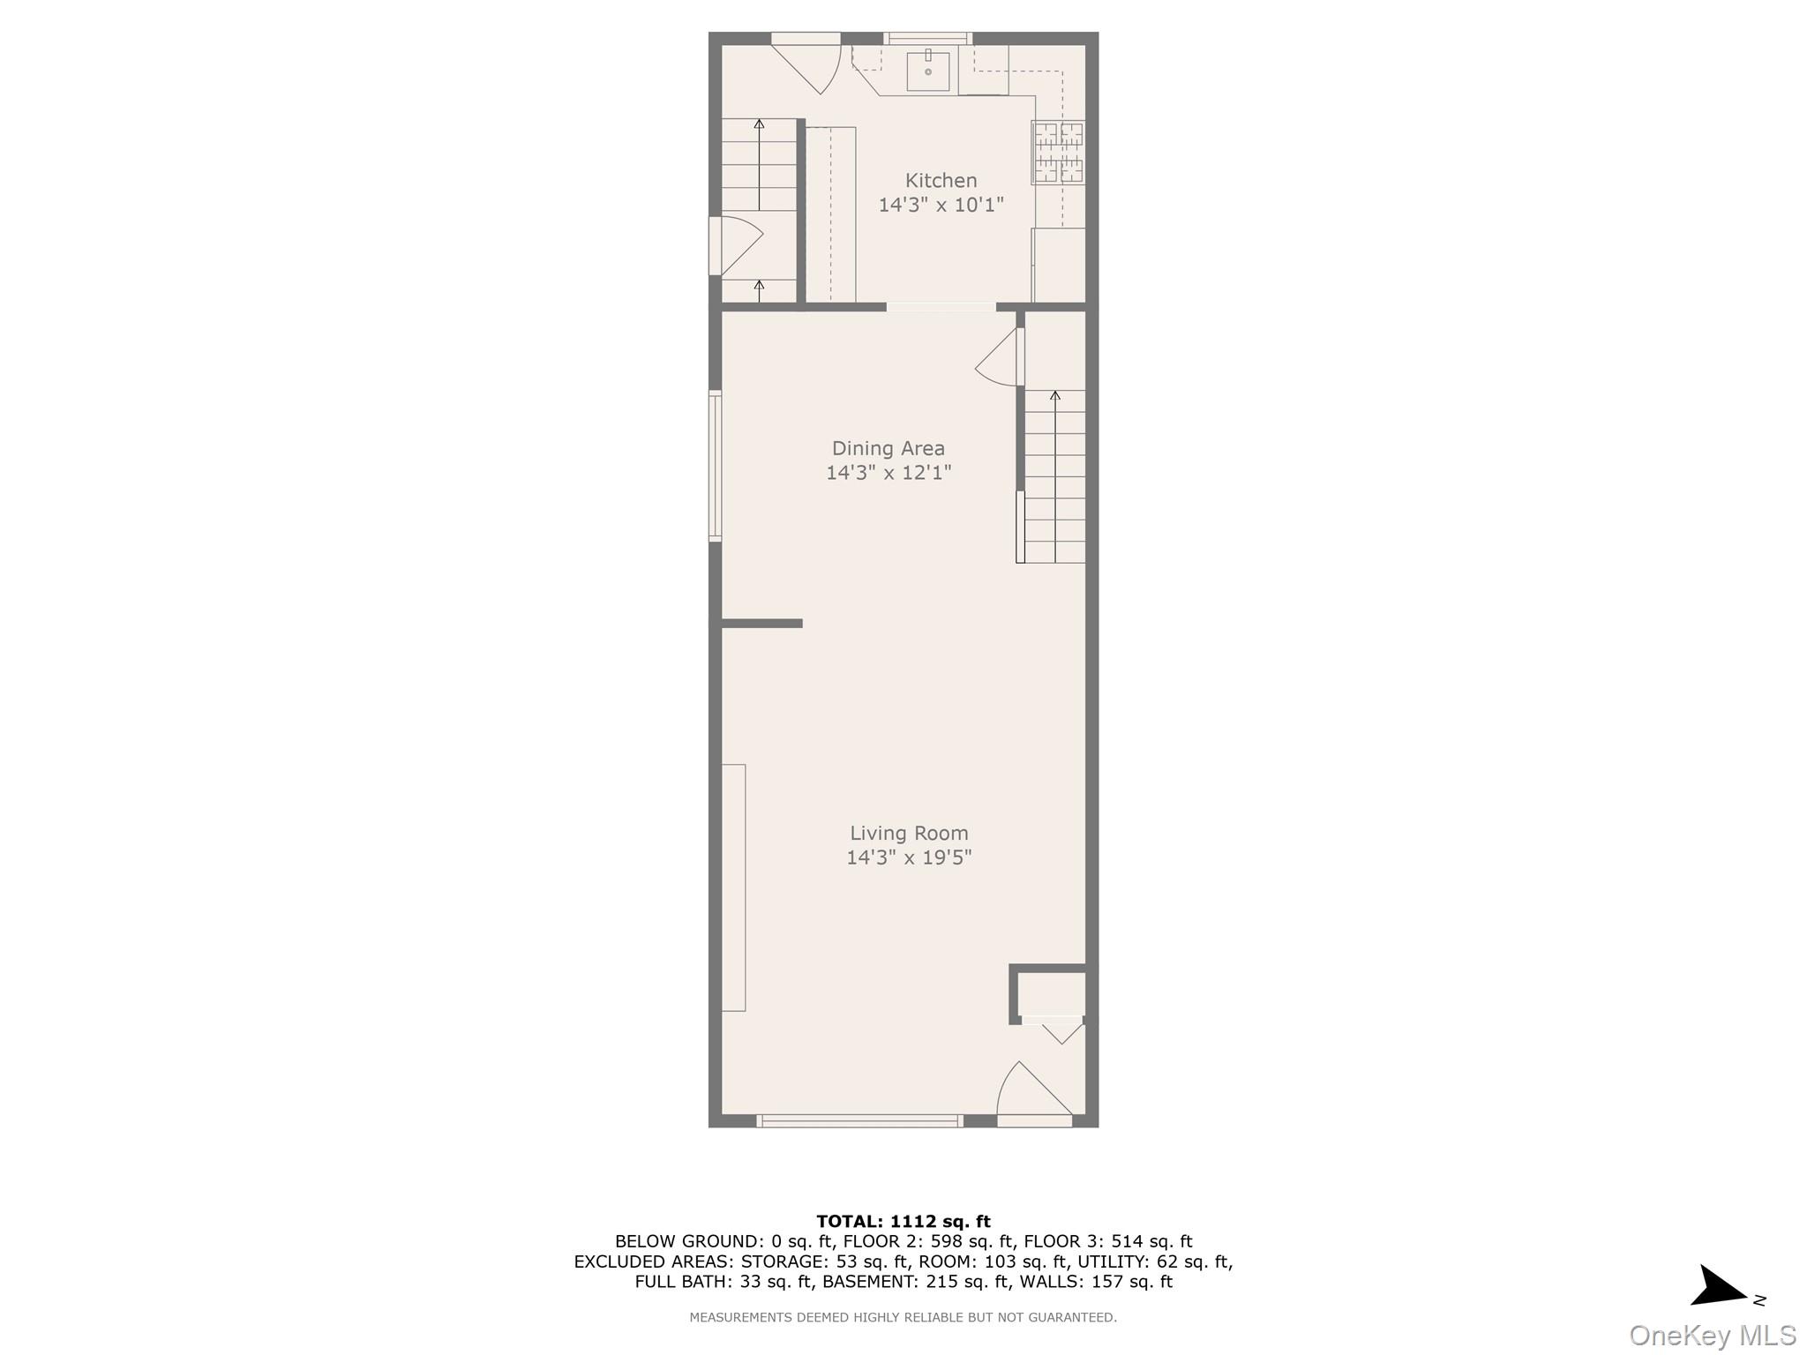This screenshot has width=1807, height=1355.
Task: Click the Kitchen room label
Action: point(941,181)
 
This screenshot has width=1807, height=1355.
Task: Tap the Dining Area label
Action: point(888,448)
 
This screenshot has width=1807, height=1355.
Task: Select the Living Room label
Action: point(909,833)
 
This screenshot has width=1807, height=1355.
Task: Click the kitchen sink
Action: point(928,71)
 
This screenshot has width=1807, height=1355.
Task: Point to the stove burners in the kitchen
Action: point(1058,153)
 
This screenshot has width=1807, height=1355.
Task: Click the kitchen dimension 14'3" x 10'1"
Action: point(941,206)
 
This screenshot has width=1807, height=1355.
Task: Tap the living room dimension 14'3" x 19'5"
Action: point(909,857)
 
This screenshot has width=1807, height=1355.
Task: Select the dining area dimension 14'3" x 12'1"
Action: point(888,473)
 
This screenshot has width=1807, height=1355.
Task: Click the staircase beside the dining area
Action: point(1054,476)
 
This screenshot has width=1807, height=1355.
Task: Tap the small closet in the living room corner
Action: point(1052,994)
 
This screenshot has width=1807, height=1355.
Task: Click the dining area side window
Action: point(715,466)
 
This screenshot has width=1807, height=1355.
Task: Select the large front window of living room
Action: point(859,1120)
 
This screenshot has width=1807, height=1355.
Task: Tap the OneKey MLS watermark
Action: point(1712,1335)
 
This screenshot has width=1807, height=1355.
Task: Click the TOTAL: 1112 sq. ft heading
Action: point(903,1221)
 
